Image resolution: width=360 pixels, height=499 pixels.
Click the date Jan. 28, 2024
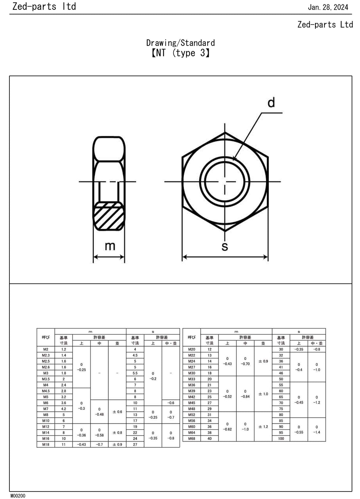(x=328, y=7)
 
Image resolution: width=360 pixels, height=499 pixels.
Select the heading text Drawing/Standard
(x=180, y=43)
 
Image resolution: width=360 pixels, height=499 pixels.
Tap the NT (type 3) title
(x=180, y=53)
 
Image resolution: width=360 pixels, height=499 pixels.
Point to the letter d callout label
(x=271, y=103)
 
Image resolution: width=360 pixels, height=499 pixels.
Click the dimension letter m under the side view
(x=110, y=246)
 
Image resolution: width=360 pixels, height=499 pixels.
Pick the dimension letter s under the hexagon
(x=225, y=247)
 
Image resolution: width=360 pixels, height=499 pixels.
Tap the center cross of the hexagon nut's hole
(x=225, y=182)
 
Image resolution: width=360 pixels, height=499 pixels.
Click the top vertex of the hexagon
(x=225, y=132)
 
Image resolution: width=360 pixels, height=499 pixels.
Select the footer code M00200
(x=18, y=496)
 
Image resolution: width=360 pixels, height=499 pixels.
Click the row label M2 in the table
(x=46, y=350)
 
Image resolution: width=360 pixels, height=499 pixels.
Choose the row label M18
(x=46, y=445)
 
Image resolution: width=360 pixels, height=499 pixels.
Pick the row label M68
(x=191, y=439)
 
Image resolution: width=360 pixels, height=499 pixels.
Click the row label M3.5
(x=46, y=379)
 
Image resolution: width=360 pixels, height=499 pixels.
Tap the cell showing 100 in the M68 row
(x=281, y=439)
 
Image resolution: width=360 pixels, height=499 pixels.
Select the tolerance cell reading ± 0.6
(x=117, y=412)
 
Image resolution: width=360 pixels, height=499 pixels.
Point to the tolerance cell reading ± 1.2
(x=263, y=427)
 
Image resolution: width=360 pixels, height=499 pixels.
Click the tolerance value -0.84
(x=245, y=397)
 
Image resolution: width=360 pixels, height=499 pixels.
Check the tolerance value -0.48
(x=99, y=414)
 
